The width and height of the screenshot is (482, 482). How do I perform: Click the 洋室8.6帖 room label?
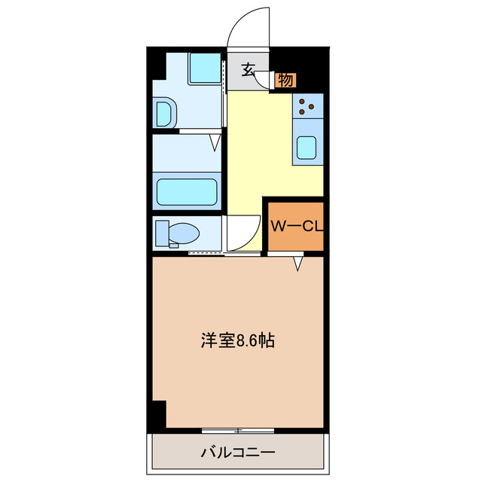click(x=237, y=340)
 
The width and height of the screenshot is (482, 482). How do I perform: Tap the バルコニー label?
click(x=238, y=453)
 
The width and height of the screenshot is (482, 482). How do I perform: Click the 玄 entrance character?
click(x=247, y=71)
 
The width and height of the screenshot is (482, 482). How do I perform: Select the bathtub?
click(x=187, y=192)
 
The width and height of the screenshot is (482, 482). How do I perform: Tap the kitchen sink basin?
click(x=307, y=148)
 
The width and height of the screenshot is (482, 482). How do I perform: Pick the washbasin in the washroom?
click(x=165, y=114)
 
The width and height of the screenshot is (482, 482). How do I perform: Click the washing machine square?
click(x=203, y=69)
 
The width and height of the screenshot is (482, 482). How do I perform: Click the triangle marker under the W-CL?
click(x=298, y=263)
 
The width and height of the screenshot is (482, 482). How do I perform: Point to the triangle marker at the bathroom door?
click(x=215, y=141)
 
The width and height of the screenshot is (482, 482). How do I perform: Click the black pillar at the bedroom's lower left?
click(x=159, y=413)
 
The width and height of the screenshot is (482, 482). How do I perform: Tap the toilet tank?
click(x=160, y=233)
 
